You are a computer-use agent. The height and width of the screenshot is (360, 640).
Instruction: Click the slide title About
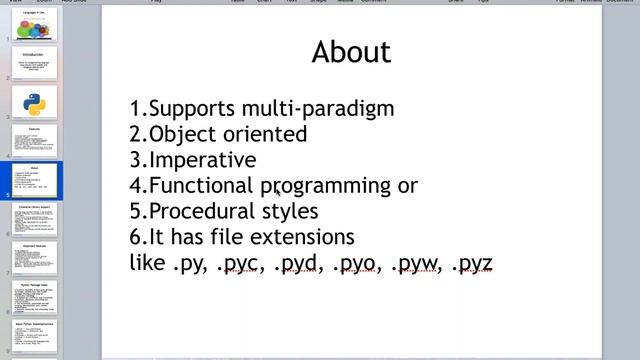coord(351,52)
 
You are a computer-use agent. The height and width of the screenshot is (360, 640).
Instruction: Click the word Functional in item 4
coord(200,186)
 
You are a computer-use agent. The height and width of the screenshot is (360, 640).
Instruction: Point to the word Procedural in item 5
coord(204,211)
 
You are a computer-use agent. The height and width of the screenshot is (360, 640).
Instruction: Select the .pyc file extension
coord(239,264)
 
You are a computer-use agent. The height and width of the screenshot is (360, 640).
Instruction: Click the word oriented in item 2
coord(266,134)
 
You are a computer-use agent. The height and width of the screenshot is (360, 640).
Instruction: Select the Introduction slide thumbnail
coord(35,63)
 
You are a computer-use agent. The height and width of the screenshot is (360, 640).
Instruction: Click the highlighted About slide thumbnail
coord(35,181)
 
